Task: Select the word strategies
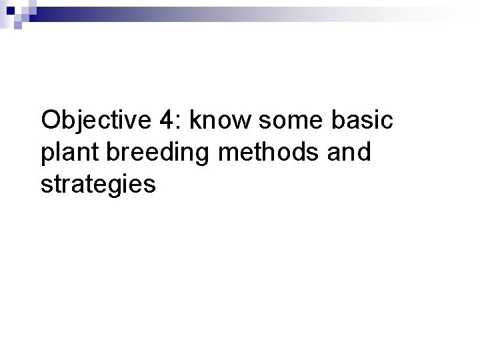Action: coord(98,183)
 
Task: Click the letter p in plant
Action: coord(47,155)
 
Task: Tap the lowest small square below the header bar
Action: coord(19,25)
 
